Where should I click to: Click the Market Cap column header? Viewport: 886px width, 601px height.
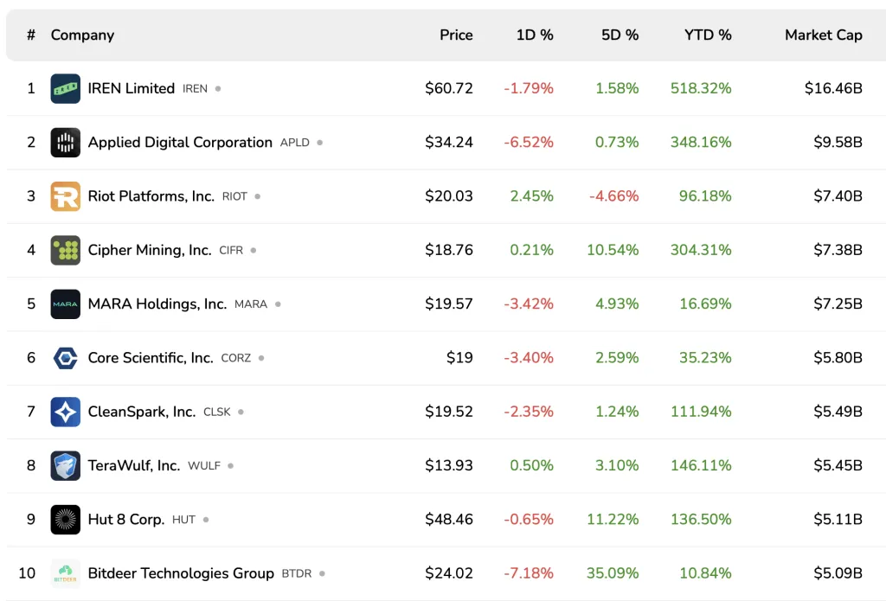click(x=823, y=35)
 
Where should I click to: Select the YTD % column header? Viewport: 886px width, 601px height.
click(x=708, y=35)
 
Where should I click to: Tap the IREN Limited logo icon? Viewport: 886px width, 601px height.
click(x=66, y=88)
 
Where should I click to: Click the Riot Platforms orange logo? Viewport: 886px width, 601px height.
click(x=66, y=196)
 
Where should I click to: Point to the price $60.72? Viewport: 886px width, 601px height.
click(x=448, y=88)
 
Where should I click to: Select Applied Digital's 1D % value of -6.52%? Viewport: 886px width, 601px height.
click(x=528, y=142)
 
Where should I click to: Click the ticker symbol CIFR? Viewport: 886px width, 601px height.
click(x=231, y=251)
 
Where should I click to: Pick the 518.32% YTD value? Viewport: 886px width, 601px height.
click(x=700, y=88)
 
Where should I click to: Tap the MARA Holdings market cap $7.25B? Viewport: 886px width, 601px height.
click(x=838, y=304)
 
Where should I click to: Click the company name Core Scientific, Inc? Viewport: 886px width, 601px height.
click(x=151, y=357)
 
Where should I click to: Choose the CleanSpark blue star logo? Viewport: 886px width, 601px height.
click(x=66, y=412)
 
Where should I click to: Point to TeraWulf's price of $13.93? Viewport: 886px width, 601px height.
click(x=448, y=465)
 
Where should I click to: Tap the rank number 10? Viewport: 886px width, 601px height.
click(x=27, y=572)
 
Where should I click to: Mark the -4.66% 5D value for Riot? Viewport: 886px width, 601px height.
click(x=613, y=196)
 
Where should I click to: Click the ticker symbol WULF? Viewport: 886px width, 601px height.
click(x=204, y=466)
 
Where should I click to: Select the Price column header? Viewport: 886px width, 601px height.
click(x=456, y=35)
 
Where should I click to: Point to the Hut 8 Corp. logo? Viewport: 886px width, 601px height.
click(x=66, y=519)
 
